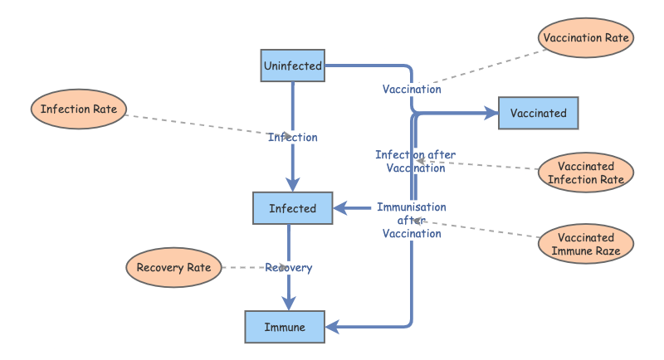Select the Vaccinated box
point(538,113)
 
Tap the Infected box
point(292,208)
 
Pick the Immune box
point(286,327)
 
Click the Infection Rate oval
point(79,109)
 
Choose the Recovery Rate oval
point(174,267)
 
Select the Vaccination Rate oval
point(587,38)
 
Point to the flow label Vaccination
point(412,89)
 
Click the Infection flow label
point(292,137)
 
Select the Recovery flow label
point(289,267)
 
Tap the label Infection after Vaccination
point(416,161)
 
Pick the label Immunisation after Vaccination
point(411,220)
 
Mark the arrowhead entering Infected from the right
point(340,208)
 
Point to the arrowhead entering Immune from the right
point(333,327)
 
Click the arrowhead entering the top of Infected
point(292,185)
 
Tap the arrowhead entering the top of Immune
point(289,304)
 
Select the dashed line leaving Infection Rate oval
point(199,123)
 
